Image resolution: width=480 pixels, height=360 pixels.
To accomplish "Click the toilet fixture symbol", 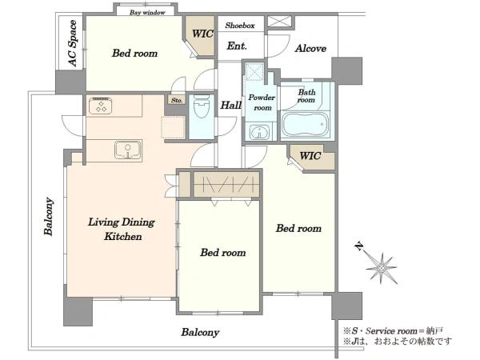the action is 202,106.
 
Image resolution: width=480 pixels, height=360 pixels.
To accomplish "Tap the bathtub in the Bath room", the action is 306,125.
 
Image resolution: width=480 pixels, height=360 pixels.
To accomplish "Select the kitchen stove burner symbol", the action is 100,106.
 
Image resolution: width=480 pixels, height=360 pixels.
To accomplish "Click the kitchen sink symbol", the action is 128,150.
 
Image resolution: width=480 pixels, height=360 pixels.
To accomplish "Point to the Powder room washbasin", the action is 259,133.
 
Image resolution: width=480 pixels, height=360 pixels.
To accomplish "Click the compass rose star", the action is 382,268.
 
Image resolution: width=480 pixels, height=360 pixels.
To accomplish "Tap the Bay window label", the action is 147,13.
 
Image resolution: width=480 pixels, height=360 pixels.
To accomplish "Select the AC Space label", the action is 73,43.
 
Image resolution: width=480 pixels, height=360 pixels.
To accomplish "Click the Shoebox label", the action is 240,26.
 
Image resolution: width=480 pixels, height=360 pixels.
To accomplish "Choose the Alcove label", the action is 310,48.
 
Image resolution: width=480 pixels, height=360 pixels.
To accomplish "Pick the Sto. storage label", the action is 177,100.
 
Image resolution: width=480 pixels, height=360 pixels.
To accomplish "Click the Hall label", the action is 231,106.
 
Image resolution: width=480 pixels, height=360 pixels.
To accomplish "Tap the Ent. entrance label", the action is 237,46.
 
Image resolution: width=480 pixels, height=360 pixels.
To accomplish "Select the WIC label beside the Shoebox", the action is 202,34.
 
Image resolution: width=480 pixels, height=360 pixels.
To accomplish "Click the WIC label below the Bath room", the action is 310,156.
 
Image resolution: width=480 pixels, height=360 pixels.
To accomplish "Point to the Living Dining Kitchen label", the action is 122,229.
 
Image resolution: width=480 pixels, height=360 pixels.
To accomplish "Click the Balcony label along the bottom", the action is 200,333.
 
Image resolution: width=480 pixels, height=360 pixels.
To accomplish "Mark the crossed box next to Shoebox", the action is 279,22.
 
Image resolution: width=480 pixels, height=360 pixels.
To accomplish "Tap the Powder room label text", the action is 262,102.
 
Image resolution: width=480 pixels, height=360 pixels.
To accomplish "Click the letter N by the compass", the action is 359,246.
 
